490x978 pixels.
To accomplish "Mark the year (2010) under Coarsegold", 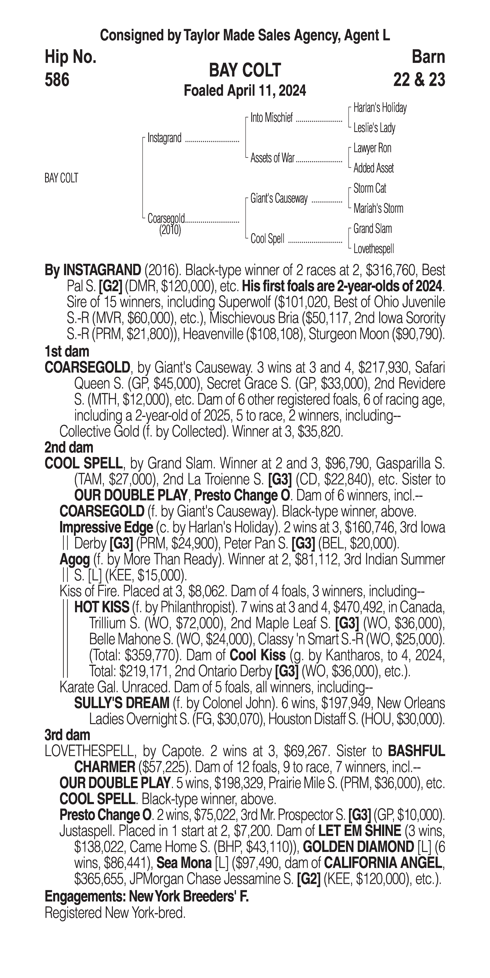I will click(x=170, y=230).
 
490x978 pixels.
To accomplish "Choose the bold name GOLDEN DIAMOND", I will click(x=358, y=847).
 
